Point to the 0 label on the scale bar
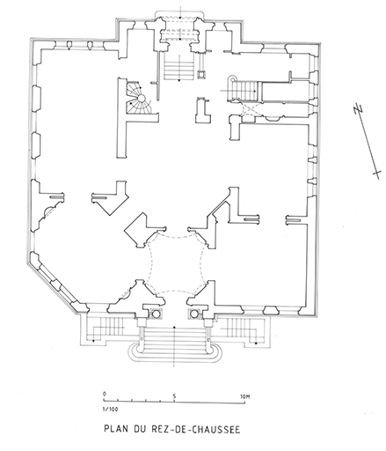[x=105, y=394]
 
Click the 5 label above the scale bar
[x=174, y=396]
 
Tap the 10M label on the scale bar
[x=245, y=396]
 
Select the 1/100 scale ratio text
[x=110, y=409]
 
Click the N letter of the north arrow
[x=358, y=107]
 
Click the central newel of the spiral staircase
[x=142, y=98]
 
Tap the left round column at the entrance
[x=155, y=314]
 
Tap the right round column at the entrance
[x=194, y=314]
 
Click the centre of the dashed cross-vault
[x=175, y=262]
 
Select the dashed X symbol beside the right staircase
[x=250, y=109]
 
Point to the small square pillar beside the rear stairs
[x=201, y=74]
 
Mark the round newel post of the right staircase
[x=232, y=78]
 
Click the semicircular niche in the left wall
[x=47, y=211]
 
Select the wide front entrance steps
[x=175, y=342]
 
